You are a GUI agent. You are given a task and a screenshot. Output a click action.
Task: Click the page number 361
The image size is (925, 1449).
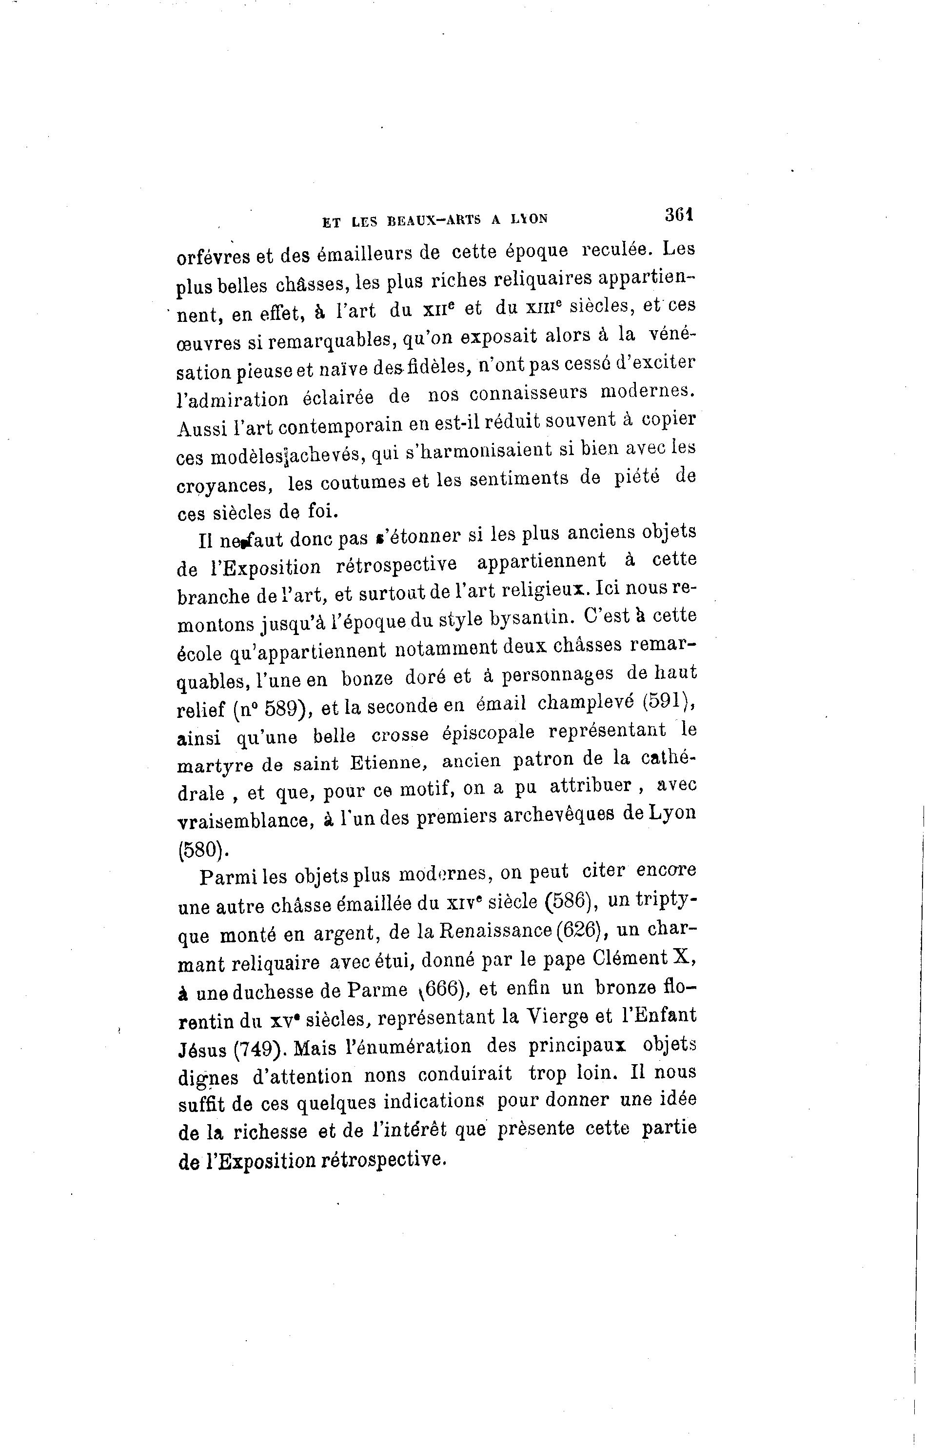click(680, 215)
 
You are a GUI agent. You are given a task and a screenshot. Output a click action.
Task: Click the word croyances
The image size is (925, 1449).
click(226, 484)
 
